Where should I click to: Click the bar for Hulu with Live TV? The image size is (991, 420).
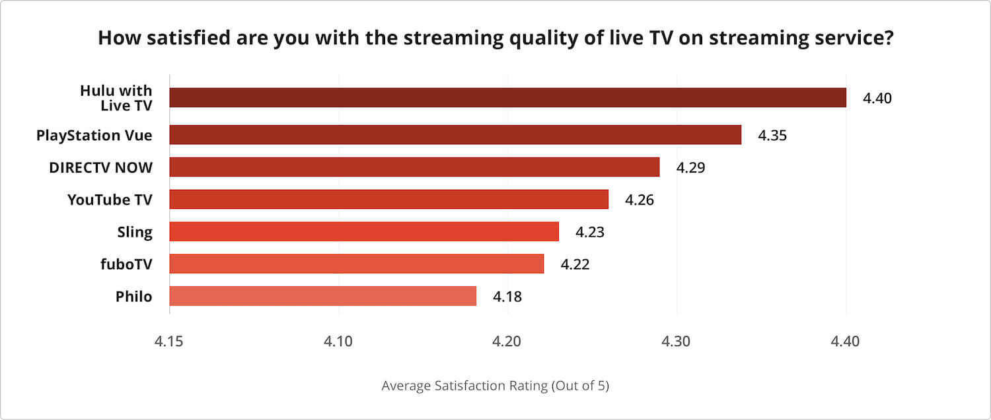click(507, 98)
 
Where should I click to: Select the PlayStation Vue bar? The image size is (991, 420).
click(455, 135)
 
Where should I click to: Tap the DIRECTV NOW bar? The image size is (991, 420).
click(414, 167)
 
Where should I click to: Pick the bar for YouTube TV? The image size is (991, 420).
click(388, 199)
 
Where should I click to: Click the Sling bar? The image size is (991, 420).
click(364, 231)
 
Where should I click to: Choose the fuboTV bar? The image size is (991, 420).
click(357, 264)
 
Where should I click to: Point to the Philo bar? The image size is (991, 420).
click(323, 296)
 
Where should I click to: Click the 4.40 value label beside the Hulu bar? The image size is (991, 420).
click(877, 99)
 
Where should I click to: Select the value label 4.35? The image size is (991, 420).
click(772, 136)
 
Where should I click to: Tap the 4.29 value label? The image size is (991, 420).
click(690, 168)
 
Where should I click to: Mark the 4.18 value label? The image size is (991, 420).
click(507, 297)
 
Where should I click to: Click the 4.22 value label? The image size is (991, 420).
click(575, 265)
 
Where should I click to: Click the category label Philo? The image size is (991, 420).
click(133, 296)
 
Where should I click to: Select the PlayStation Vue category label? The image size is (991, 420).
click(94, 136)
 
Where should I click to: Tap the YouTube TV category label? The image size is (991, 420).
click(110, 199)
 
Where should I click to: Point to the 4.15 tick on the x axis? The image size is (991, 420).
click(169, 342)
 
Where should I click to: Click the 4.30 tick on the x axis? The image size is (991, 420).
click(677, 342)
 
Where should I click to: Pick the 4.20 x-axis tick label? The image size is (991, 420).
click(507, 342)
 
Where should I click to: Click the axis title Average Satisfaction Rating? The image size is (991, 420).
click(495, 386)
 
